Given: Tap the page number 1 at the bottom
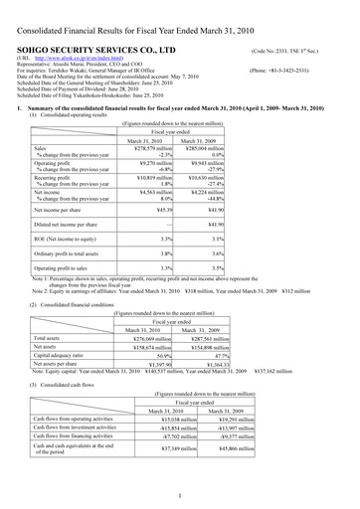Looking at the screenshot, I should coord(180,494).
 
